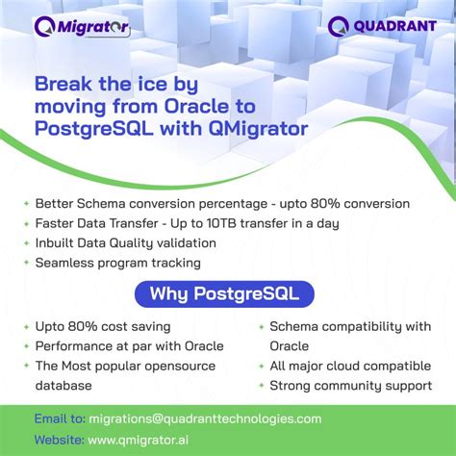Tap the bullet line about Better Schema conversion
click(222, 204)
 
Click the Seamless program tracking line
click(117, 263)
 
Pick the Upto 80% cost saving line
click(103, 327)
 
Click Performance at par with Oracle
click(129, 346)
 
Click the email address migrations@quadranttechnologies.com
click(204, 418)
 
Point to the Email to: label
click(59, 418)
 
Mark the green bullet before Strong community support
click(261, 386)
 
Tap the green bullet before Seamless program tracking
click(25, 263)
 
